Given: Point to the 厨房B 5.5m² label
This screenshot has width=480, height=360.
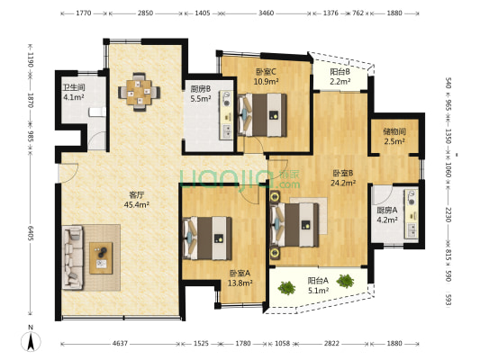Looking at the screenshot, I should point(201,94).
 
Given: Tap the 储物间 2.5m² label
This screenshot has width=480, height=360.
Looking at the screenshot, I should point(394,135).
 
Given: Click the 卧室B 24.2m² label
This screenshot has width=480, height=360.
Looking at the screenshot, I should point(343,177).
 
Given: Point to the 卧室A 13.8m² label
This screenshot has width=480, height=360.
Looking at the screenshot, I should point(240,277).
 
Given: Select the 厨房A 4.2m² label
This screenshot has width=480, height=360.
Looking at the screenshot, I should point(385,216).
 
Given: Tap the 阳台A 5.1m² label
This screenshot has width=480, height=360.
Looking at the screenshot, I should point(318,285).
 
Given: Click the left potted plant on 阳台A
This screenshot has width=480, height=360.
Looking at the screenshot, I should point(287,288).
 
